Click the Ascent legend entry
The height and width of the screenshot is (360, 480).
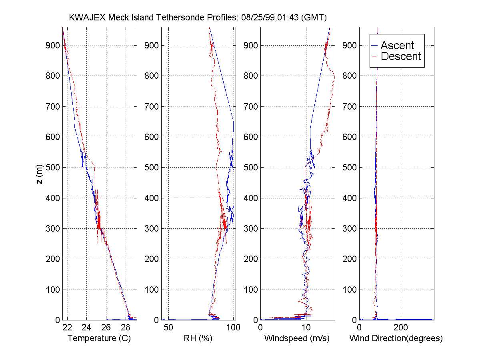[397, 46]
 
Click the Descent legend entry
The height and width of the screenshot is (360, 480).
[401, 56]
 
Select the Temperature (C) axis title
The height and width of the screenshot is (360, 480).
[99, 338]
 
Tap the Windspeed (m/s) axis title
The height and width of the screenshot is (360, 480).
[297, 338]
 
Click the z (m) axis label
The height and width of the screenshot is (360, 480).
[39, 175]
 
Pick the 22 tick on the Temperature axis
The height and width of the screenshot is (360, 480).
[67, 328]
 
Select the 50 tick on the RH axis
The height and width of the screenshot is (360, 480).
[168, 328]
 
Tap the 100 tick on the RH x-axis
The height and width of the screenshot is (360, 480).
[233, 328]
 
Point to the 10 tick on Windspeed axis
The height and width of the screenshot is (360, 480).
[306, 328]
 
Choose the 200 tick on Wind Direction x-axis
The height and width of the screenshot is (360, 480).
[401, 328]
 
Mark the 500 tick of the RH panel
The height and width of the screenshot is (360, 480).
[152, 168]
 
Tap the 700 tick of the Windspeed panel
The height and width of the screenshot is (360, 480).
[251, 106]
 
